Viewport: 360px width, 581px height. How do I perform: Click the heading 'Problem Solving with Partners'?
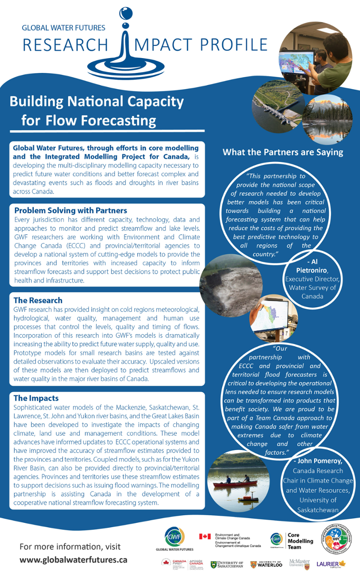71,211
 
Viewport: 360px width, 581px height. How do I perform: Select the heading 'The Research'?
38,300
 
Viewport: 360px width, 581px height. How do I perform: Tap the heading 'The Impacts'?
36,398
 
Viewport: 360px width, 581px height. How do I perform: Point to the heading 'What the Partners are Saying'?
283,152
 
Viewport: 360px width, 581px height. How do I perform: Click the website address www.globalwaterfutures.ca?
73,560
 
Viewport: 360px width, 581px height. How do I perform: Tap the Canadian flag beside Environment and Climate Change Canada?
205,536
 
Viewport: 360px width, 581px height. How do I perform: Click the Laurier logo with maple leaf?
331,564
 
